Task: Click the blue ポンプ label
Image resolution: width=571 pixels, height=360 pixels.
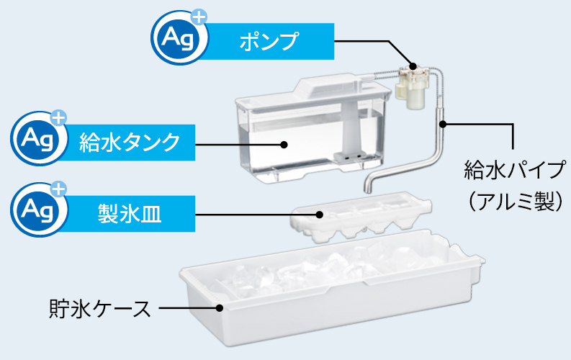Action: (268, 41)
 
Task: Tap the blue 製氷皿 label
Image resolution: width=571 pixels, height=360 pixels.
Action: (130, 212)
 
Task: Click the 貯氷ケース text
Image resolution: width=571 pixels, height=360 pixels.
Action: (100, 309)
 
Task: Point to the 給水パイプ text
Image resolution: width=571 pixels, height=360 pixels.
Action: (512, 172)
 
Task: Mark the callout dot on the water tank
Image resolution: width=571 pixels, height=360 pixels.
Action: (285, 144)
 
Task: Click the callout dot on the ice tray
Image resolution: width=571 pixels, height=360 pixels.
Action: (319, 213)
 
